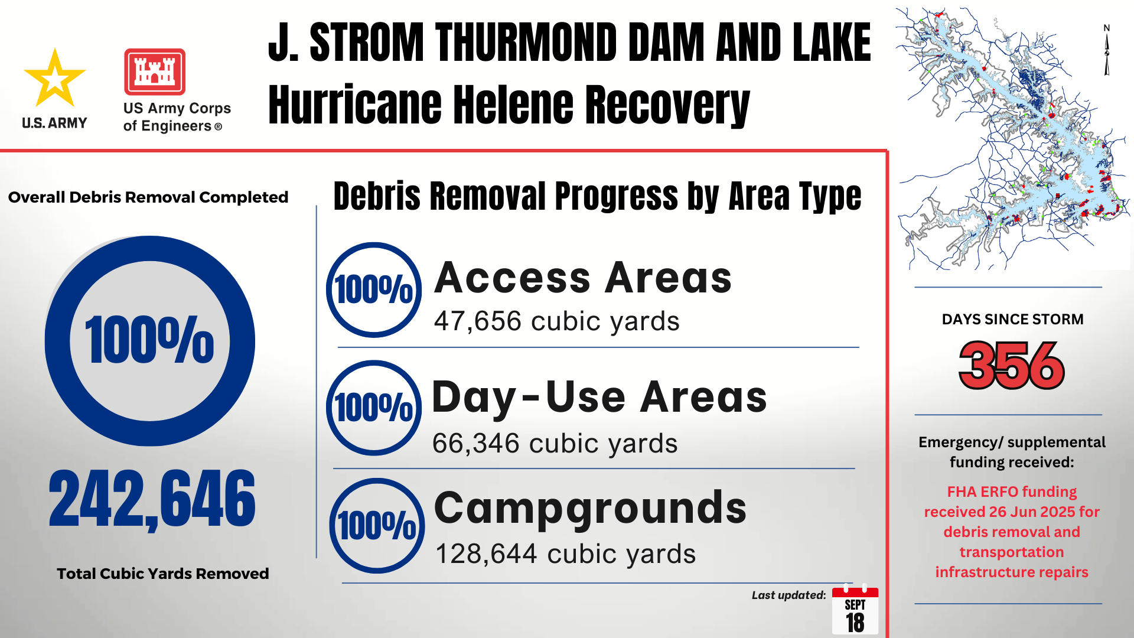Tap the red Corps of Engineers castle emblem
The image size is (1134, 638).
point(155,72)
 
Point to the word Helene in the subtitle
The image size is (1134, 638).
point(509,105)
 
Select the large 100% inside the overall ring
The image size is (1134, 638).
point(149,340)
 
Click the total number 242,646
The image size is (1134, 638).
point(152,499)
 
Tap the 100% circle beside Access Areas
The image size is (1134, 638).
point(374,290)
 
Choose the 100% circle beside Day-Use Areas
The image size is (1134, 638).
point(374,408)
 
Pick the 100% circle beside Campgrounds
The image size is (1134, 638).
point(377,525)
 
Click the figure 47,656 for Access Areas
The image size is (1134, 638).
point(478,321)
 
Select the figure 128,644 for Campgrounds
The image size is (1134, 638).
point(486,554)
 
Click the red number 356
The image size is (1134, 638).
point(1012,366)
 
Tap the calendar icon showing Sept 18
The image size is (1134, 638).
point(855,611)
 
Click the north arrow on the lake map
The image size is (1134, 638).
point(1107,52)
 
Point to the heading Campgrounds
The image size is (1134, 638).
point(590,508)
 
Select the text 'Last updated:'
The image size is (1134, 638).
point(788,595)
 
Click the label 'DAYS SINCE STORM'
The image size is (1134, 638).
point(1012,320)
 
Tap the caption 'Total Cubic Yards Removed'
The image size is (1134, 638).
point(162,574)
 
